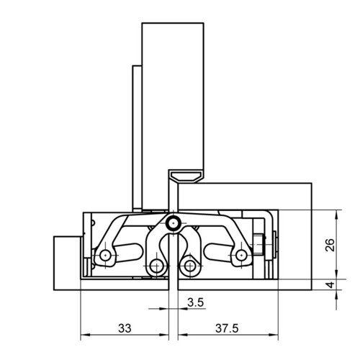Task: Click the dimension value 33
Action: [125, 328]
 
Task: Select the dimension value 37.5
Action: [227, 328]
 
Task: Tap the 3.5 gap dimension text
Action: [196, 302]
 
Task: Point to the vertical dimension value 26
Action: [330, 245]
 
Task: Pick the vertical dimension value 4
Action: [330, 285]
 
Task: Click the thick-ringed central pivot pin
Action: [173, 223]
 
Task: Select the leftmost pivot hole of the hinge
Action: [105, 255]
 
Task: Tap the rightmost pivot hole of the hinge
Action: [241, 255]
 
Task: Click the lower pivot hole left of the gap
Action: [156, 266]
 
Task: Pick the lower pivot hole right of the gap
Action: [190, 266]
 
